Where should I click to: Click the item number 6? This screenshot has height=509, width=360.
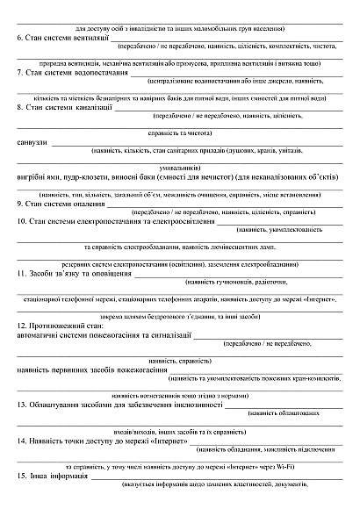(20, 39)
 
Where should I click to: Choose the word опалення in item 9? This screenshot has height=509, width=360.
(84, 204)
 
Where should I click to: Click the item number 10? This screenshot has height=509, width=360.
(23, 221)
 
